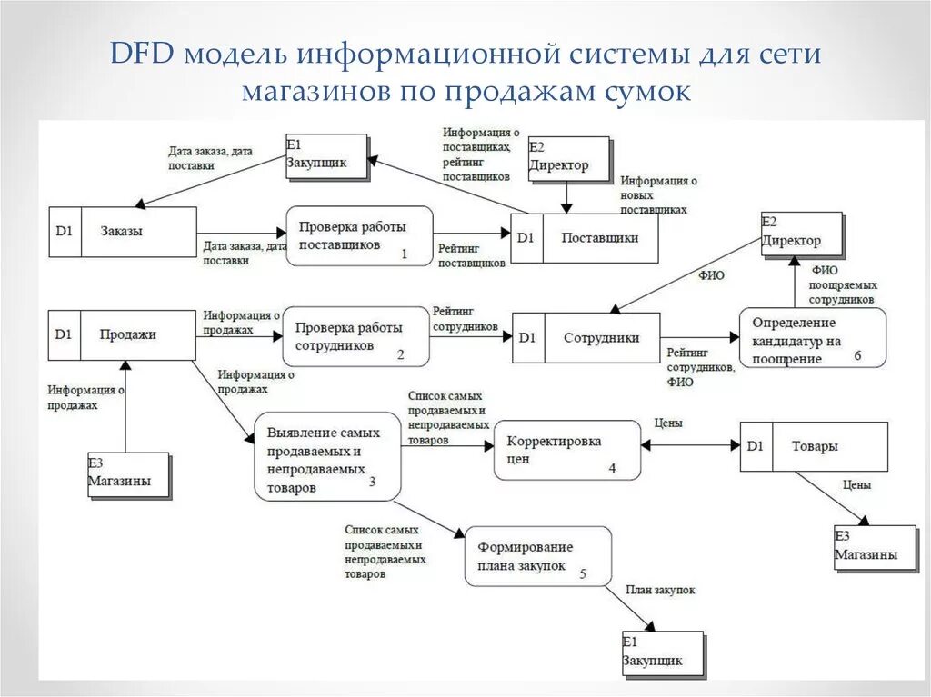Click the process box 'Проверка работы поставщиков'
pos(359,236)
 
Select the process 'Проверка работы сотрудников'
pos(355,336)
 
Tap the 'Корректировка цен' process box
pos(566,450)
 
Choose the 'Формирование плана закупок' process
pos(538,556)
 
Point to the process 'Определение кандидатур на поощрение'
pos(812,338)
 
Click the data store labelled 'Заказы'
pos(122,232)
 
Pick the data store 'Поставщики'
pos(584,238)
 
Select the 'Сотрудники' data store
pos(585,338)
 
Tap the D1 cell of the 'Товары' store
pos(756,446)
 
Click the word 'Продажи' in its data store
pos(128,334)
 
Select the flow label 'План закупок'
pos(660,590)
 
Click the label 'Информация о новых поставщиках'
pos(658,194)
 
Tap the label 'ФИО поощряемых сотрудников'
pos(842,284)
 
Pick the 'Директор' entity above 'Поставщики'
pos(568,158)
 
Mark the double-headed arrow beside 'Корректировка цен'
pos(691,445)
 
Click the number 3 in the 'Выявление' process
pos(372,482)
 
